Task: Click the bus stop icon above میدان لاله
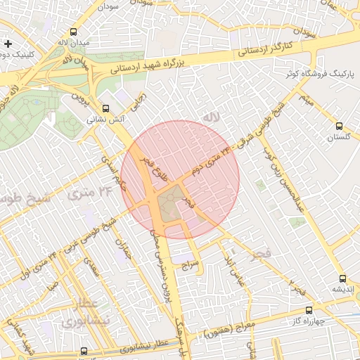point(74,32)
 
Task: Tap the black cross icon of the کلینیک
point(8,44)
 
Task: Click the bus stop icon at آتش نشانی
point(106,108)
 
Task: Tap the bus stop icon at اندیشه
point(342,278)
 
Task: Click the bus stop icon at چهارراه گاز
point(309,310)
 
